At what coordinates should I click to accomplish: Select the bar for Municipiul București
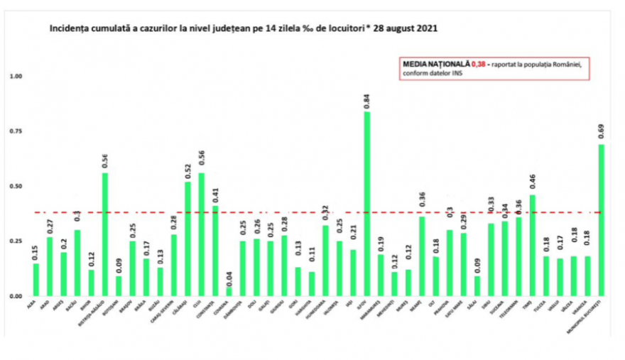click(602, 219)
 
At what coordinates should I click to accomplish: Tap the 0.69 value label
click(602, 131)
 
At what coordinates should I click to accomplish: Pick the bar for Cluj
click(202, 234)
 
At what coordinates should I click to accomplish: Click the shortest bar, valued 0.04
click(229, 291)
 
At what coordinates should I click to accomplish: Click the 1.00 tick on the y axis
click(16, 77)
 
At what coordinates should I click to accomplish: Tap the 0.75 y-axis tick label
click(16, 132)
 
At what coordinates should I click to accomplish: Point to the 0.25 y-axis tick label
click(16, 241)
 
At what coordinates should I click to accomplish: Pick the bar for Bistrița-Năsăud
click(105, 234)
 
